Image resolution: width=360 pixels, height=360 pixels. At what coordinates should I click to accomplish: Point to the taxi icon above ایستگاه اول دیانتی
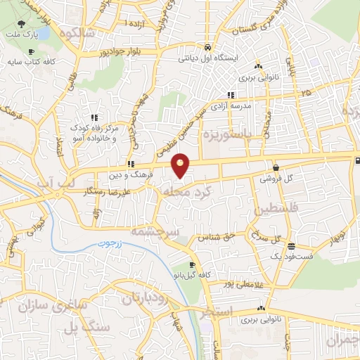point(207,48)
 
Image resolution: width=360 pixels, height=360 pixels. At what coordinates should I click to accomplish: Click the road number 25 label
point(304,91)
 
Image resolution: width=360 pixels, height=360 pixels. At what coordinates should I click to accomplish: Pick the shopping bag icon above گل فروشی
point(276,168)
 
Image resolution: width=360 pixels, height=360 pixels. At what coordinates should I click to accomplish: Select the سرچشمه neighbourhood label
point(157,231)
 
